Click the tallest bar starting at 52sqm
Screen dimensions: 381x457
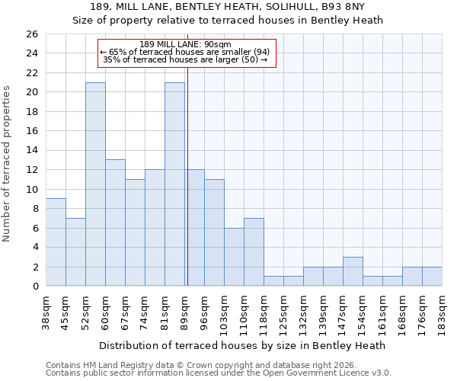95,184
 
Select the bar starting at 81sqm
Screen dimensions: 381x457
174,184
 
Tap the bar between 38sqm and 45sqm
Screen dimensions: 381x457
56,242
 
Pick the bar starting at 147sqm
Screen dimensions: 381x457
353,272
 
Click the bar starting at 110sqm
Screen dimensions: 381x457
254,252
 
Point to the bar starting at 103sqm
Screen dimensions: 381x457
234,258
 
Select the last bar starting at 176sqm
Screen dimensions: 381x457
432,277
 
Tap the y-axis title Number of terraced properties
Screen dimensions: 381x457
7,163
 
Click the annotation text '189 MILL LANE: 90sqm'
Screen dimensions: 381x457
186,44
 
